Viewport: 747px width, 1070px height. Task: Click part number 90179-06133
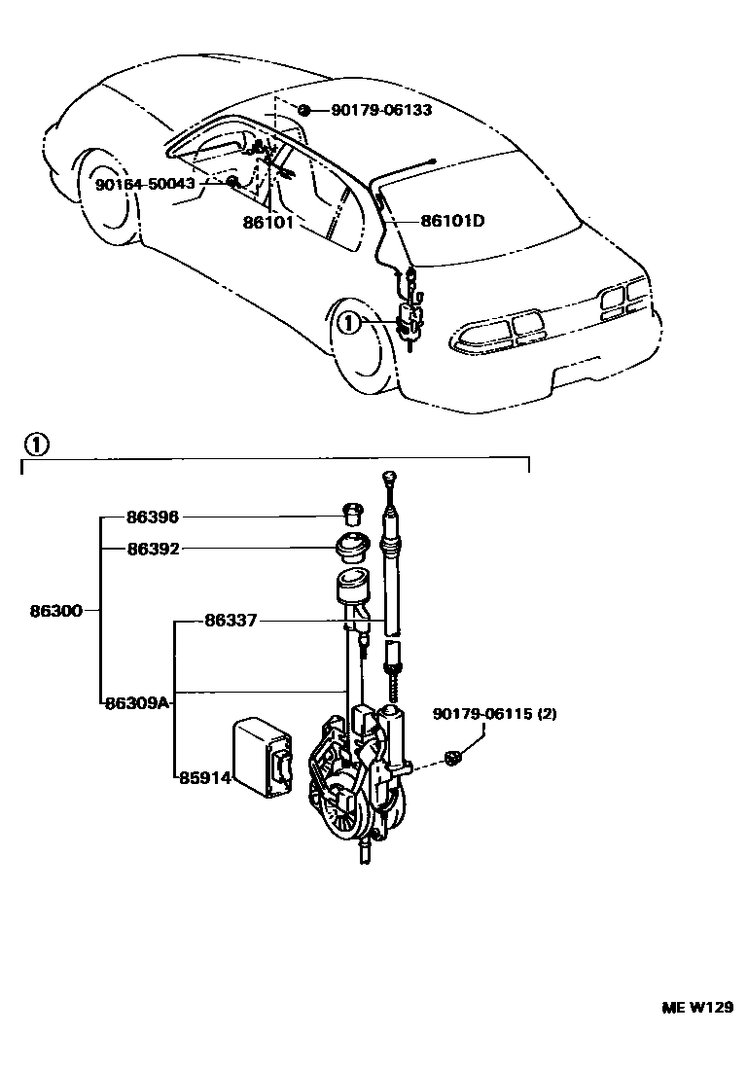coord(381,111)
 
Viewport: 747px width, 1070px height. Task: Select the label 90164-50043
coord(145,184)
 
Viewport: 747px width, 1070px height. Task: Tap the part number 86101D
coord(452,221)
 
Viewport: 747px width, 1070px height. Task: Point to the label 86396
coord(153,517)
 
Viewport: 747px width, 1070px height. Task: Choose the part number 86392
coord(153,549)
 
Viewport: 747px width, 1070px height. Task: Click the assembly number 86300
coord(54,612)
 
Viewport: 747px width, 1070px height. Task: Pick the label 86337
coord(231,620)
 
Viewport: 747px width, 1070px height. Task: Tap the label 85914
coord(203,776)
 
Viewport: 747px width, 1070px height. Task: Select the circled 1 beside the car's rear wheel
coord(348,322)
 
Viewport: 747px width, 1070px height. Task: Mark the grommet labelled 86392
coord(351,548)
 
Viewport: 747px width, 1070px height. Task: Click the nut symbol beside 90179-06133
coord(304,110)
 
